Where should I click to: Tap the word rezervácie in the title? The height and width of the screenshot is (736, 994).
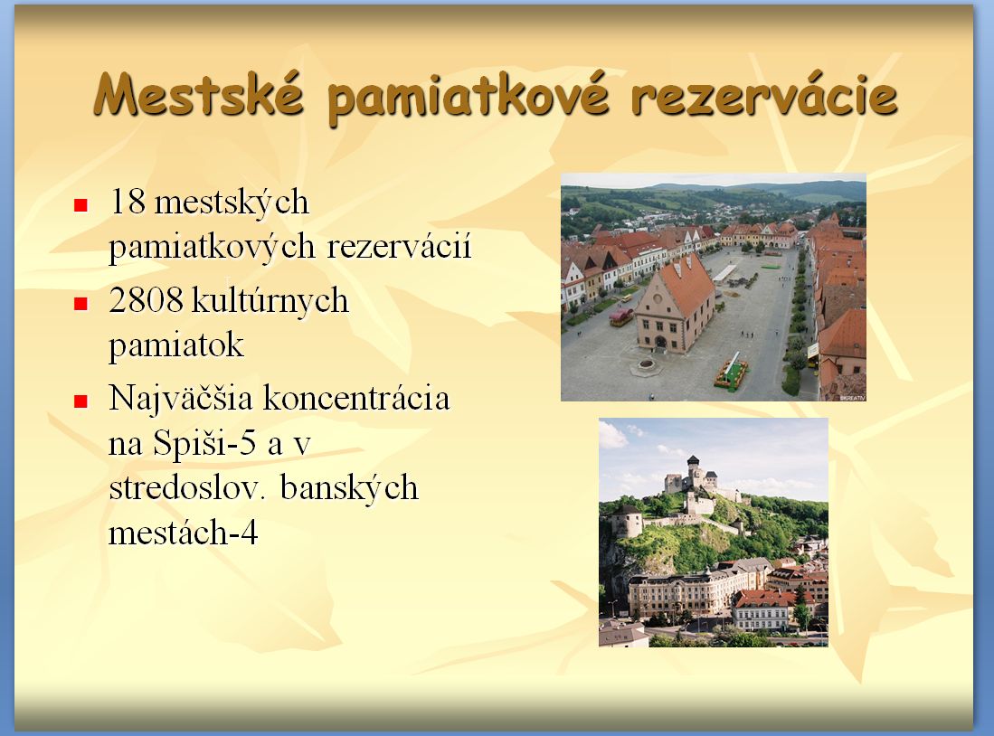764,97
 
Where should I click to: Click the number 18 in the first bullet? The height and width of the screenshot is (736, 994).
128,202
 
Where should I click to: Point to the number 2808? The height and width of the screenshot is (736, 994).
147,300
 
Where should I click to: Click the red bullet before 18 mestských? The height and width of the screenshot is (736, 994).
80,204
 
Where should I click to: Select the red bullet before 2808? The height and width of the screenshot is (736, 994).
80,304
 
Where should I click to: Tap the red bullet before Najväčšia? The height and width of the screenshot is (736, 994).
80,401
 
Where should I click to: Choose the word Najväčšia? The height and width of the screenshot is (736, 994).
181,400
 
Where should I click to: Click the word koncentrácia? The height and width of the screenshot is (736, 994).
356,399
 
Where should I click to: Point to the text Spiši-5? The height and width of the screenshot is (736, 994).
204,444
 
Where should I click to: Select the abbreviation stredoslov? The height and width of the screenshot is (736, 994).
185,488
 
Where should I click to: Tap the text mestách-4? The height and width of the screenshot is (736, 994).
184,533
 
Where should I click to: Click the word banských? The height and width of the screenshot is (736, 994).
349,489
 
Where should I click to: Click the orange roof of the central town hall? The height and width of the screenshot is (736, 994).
687,283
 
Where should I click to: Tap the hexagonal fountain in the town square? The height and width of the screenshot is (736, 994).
646,366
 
